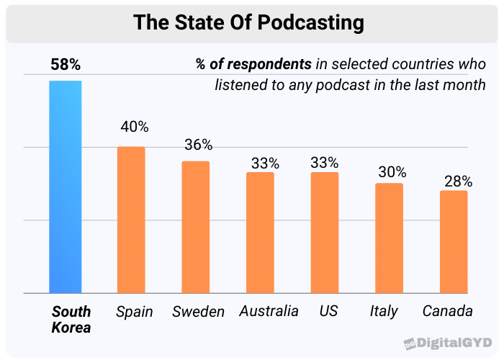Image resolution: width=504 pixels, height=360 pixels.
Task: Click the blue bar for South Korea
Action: click(65, 187)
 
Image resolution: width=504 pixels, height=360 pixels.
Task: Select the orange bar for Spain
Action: click(131, 220)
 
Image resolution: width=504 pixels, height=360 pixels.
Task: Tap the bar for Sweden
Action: click(195, 228)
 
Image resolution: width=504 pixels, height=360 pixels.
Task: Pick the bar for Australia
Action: click(260, 233)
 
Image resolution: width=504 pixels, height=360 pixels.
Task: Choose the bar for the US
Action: click(325, 233)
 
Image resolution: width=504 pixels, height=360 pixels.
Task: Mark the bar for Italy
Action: click(389, 238)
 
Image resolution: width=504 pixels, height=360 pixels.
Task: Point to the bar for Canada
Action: click(454, 242)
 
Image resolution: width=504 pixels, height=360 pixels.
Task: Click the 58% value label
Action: click(66, 65)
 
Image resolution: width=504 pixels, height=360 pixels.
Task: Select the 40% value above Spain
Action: click(134, 127)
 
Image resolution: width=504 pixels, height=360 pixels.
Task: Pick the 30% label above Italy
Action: click(392, 172)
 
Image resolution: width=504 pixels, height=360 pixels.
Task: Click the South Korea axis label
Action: click(71, 320)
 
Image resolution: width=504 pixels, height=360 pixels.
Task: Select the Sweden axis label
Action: click(198, 312)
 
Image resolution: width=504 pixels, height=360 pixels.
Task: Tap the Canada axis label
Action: click(447, 312)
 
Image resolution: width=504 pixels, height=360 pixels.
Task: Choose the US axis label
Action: click(328, 312)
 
